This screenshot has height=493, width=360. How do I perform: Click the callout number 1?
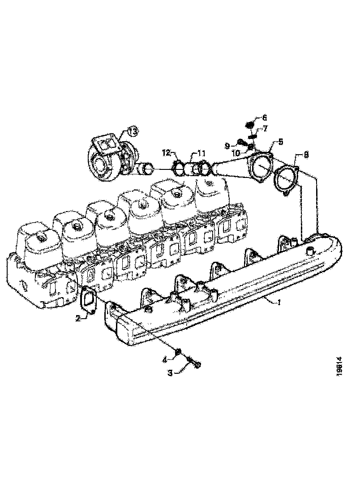[x=279, y=302]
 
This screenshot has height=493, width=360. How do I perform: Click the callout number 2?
[x=78, y=318]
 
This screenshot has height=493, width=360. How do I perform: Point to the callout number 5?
[x=281, y=142]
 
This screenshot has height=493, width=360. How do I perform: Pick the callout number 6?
[x=264, y=117]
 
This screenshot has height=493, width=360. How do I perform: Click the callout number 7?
[x=265, y=129]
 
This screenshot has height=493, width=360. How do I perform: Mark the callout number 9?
[x=227, y=145]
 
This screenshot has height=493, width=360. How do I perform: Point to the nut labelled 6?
[x=251, y=124]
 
